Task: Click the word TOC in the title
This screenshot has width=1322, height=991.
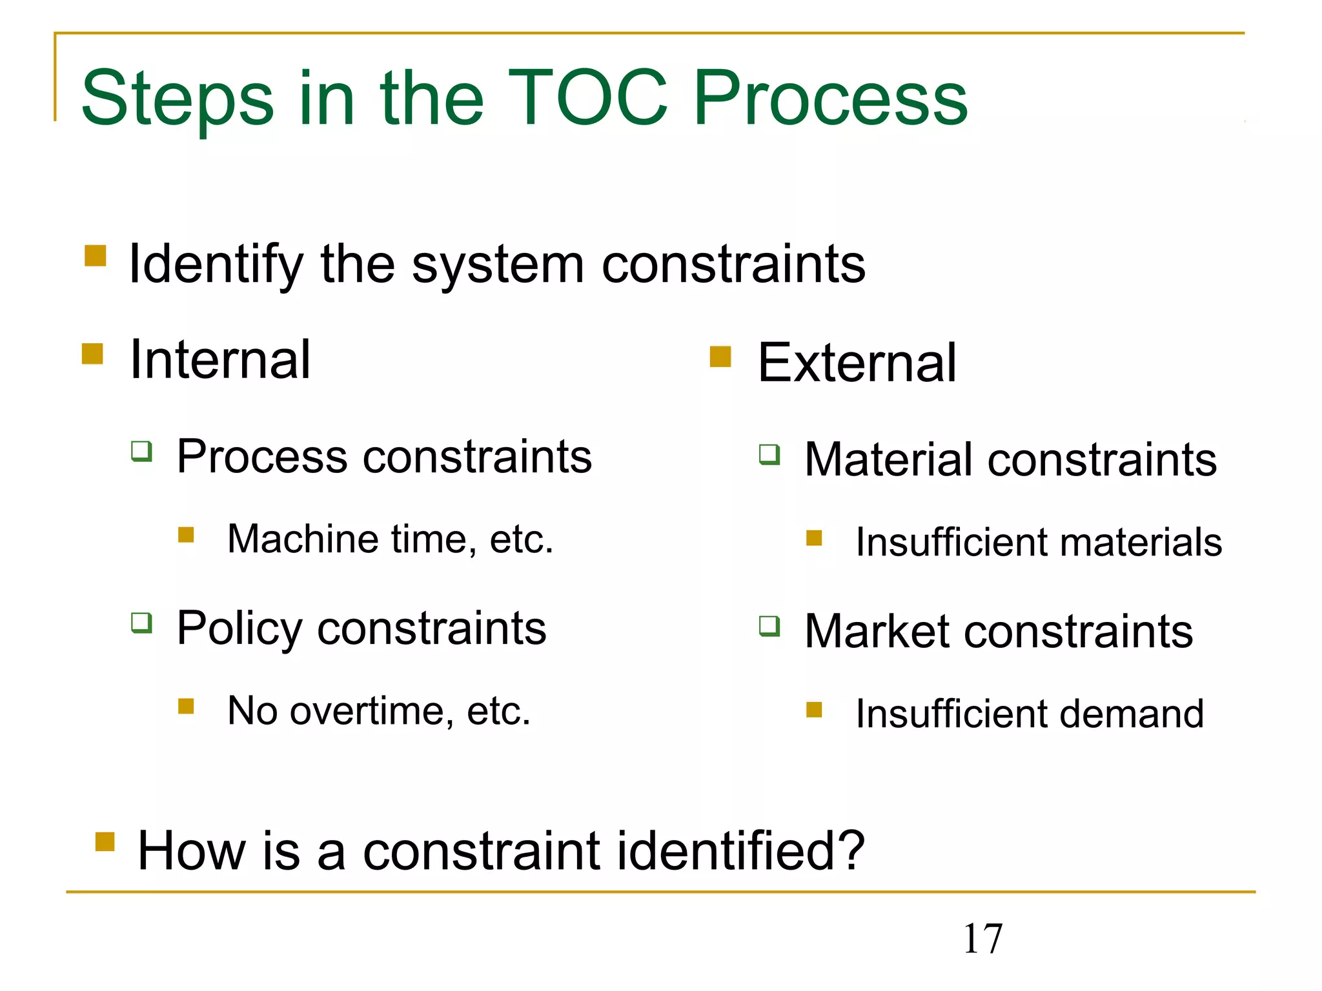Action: tap(587, 98)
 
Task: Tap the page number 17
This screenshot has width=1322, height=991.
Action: tap(982, 939)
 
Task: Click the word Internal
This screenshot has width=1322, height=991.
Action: tap(220, 359)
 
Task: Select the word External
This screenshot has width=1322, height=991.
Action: tap(857, 363)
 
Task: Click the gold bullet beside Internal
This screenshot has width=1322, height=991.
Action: tap(93, 354)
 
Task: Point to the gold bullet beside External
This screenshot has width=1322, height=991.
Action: tap(720, 356)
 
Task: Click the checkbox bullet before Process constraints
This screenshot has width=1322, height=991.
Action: tap(141, 451)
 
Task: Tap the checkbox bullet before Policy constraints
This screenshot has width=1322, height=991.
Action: tap(141, 623)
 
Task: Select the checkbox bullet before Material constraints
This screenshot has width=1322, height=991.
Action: tap(769, 454)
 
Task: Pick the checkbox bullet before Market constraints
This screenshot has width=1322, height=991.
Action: tap(769, 626)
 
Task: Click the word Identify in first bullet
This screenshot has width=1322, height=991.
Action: tap(216, 265)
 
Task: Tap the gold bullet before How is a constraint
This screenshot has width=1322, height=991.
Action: tap(105, 842)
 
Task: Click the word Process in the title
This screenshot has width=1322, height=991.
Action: tap(830, 98)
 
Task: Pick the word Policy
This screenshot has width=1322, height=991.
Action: tap(239, 628)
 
